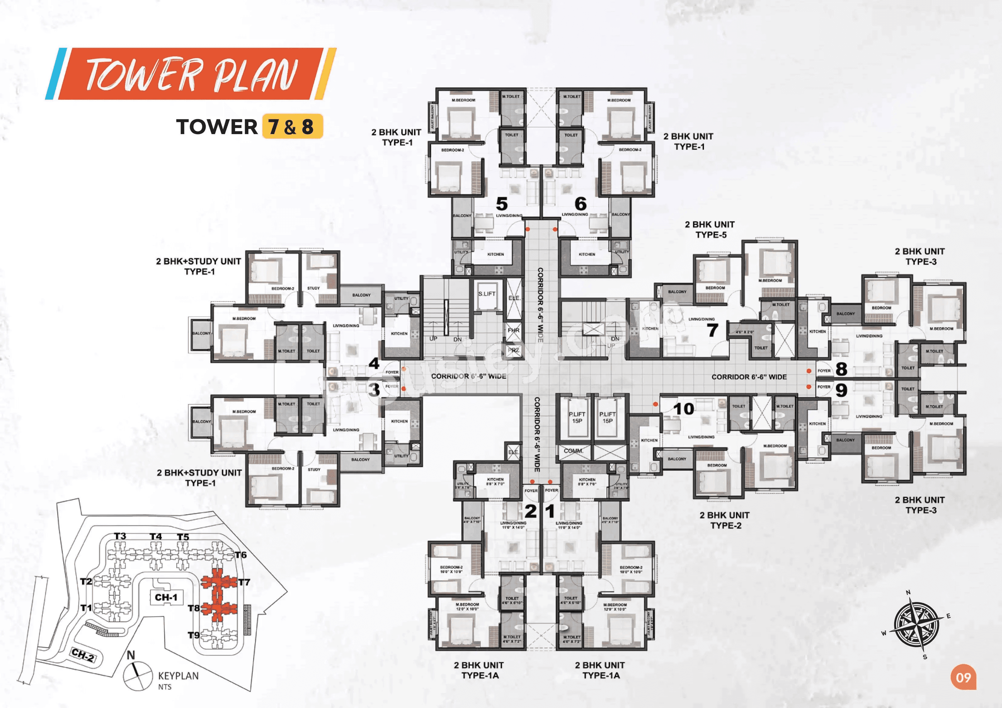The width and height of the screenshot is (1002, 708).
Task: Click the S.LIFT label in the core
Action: tap(486, 294)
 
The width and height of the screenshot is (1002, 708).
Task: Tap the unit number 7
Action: tap(712, 330)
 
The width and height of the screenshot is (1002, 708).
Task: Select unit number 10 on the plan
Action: tap(683, 409)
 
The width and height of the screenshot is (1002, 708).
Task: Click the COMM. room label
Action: tap(573, 451)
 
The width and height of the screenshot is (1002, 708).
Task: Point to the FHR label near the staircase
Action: tap(513, 330)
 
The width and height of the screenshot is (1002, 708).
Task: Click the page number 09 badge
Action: tap(963, 677)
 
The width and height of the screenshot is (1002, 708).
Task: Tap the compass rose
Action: tap(916, 625)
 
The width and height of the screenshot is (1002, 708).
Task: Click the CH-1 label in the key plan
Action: tap(166, 597)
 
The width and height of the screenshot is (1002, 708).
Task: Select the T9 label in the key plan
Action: tap(194, 635)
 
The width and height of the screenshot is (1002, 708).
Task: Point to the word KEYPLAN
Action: tap(178, 676)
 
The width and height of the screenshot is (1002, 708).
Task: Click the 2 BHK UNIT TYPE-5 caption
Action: tap(710, 229)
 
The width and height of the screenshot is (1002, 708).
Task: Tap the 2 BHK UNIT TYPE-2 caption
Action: tap(725, 520)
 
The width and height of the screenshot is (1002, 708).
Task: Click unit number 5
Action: tap(502, 204)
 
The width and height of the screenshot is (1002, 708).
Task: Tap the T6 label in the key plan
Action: tap(241, 555)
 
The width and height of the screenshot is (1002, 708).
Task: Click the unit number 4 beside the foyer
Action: tap(374, 363)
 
